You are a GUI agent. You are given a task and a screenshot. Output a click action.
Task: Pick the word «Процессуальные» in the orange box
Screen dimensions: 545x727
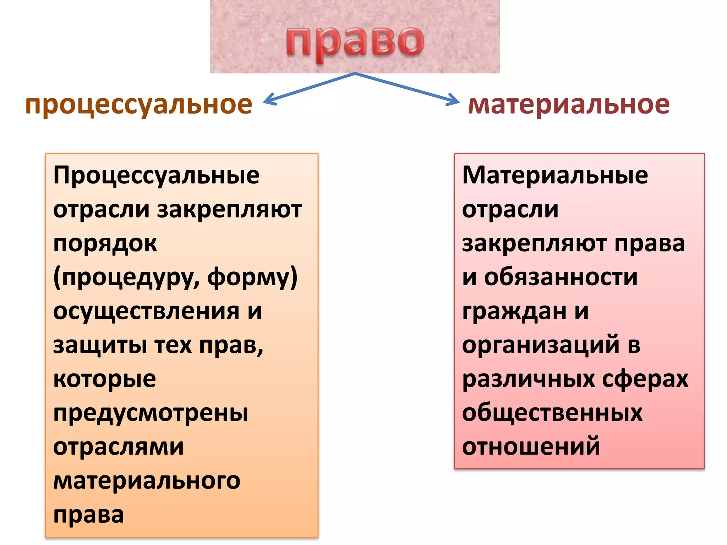(x=156, y=176)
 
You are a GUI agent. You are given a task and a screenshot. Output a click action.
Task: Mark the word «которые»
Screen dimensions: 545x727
(x=104, y=379)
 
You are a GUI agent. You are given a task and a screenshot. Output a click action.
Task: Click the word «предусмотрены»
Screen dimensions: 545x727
(x=151, y=413)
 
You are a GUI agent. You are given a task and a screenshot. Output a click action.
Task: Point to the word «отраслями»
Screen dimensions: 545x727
(x=119, y=447)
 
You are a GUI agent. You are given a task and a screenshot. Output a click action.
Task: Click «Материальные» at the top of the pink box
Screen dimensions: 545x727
(x=555, y=176)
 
